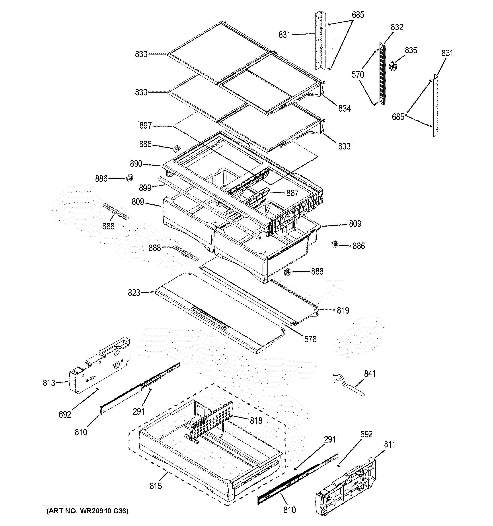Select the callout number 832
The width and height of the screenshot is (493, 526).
click(x=397, y=27)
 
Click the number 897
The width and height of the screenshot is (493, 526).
click(x=145, y=125)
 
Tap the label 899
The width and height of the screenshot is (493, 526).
click(x=145, y=188)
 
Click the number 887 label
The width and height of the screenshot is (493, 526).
click(x=292, y=193)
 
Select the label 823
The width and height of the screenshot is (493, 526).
click(x=134, y=293)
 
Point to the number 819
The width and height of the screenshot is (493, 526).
click(x=343, y=310)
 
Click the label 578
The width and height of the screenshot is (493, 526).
click(x=310, y=339)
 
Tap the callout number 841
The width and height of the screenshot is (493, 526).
click(x=370, y=374)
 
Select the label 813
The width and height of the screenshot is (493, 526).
click(x=49, y=383)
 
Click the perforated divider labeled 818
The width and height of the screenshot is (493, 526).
click(x=212, y=423)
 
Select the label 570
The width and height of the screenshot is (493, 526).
click(x=358, y=75)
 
